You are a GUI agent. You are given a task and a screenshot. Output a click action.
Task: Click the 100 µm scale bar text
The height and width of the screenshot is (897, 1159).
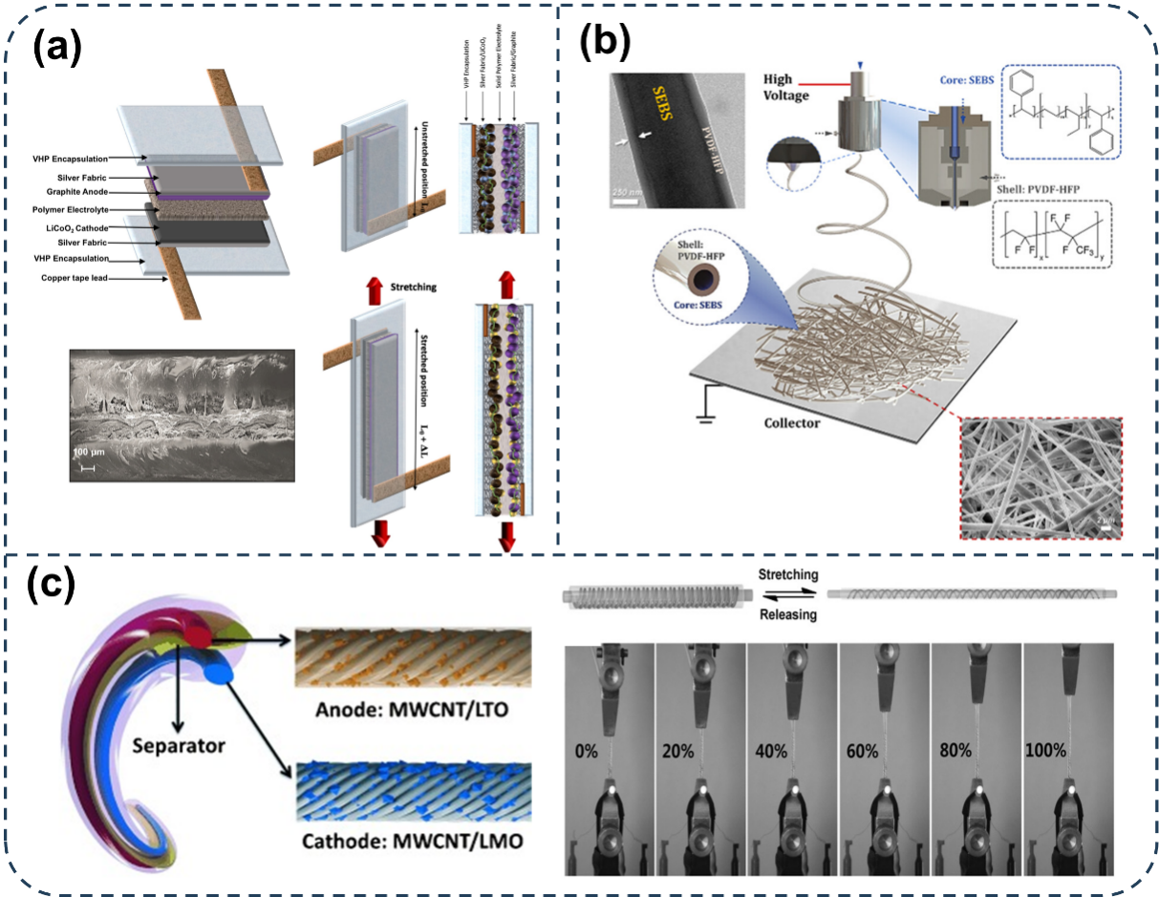pos(94,449)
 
